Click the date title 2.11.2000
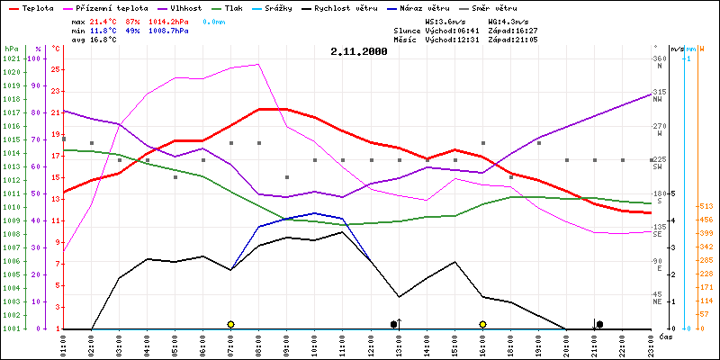tap(359, 52)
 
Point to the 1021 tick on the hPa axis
tap(11, 58)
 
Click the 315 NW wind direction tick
tap(659, 93)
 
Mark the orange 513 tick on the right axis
tap(706, 206)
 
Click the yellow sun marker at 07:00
tap(231, 324)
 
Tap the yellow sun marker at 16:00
tap(483, 324)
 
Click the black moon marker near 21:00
tap(599, 324)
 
